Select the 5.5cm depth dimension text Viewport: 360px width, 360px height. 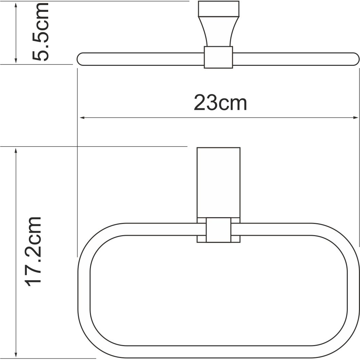click(x=41, y=32)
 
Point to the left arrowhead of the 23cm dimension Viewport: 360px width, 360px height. click(x=81, y=118)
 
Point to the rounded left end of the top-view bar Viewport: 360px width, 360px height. click(x=81, y=59)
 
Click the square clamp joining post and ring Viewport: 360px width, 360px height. click(x=219, y=230)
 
